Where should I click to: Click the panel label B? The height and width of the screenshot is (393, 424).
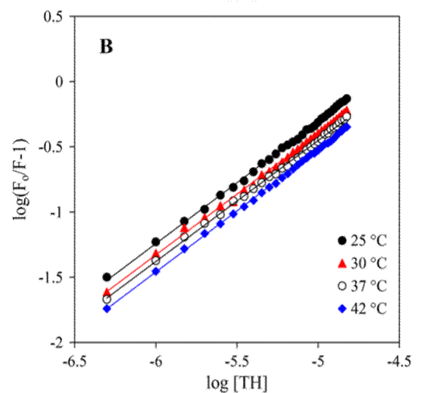pos(107,47)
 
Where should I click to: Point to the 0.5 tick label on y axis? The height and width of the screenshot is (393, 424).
pos(54,16)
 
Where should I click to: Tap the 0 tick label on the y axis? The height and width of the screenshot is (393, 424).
pos(59,82)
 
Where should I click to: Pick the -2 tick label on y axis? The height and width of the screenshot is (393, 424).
pos(56,343)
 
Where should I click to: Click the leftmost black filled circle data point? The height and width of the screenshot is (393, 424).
pos(107,277)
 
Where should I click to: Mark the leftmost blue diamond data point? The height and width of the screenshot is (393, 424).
pos(107,308)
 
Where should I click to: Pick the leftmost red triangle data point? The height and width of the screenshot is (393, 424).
pos(107,292)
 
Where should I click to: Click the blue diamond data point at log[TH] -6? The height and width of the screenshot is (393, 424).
pos(155,271)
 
